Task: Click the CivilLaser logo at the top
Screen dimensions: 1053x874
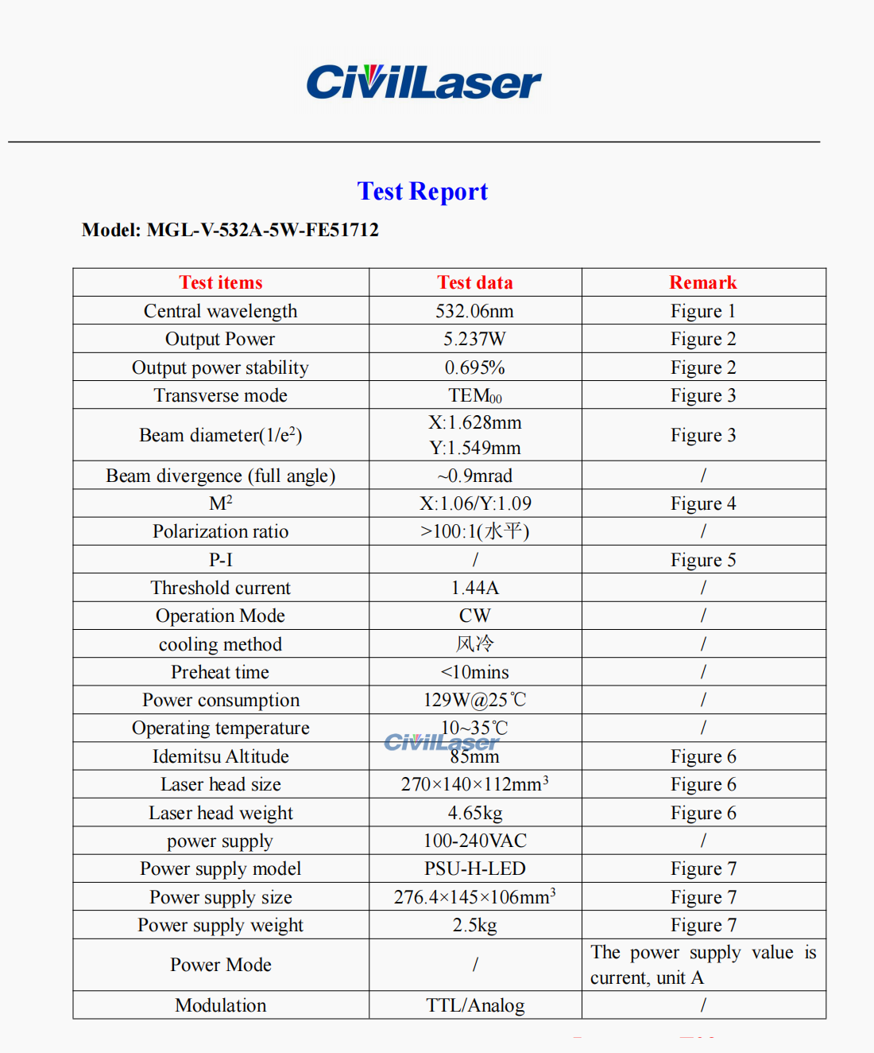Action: [423, 83]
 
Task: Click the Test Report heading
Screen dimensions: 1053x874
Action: [422, 192]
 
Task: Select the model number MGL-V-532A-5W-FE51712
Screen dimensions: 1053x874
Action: [262, 231]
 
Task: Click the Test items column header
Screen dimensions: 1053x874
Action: [220, 282]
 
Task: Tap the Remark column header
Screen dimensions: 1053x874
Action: [702, 282]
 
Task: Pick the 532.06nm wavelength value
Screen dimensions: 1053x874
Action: [474, 311]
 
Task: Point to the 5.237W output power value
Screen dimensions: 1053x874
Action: [474, 339]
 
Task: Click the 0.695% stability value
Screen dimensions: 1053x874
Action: [474, 367]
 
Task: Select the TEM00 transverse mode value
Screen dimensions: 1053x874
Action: [474, 395]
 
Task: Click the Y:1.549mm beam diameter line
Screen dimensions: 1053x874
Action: [474, 448]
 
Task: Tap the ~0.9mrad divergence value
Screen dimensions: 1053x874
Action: [474, 476]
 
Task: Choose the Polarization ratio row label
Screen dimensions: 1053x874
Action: [220, 531]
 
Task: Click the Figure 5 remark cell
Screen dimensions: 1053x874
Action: [702, 560]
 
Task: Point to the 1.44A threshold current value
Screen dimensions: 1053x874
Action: [474, 588]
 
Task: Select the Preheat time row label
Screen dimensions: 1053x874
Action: [220, 672]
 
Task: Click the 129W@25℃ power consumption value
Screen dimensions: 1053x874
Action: [474, 700]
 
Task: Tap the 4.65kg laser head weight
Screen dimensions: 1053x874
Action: [474, 813]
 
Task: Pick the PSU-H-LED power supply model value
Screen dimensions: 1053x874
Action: [474, 868]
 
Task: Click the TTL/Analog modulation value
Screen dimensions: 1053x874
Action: [474, 1005]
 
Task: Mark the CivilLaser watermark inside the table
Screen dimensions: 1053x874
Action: [441, 742]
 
